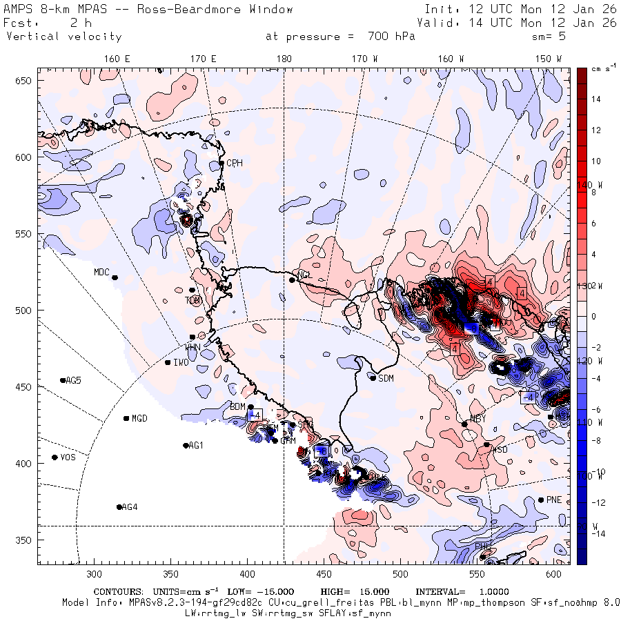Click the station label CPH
(235, 164)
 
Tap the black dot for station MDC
(115, 277)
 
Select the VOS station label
(68, 457)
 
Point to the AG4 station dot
(119, 507)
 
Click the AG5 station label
(73, 380)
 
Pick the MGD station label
(139, 418)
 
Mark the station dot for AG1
(186, 446)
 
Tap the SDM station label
(386, 378)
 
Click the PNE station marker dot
(541, 500)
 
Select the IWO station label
(181, 362)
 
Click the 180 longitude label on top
(284, 59)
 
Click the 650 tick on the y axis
(26, 81)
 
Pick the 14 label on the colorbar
(596, 99)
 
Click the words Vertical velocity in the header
(64, 37)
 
